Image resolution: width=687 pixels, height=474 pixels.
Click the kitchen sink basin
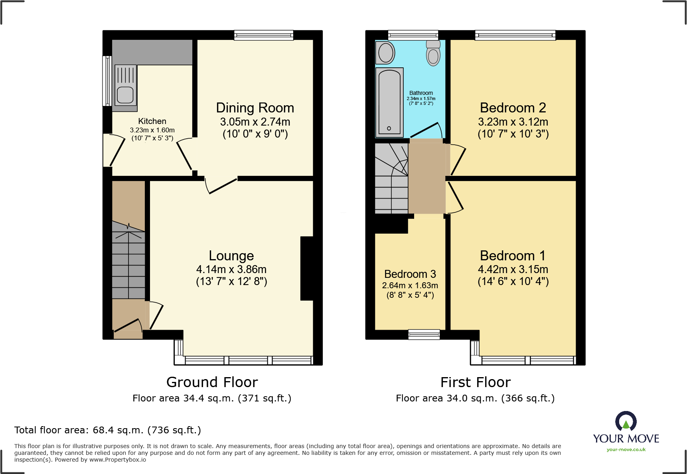(x=125, y=95)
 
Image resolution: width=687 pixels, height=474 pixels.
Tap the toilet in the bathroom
(x=433, y=53)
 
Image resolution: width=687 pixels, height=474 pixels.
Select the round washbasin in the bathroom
(x=386, y=53)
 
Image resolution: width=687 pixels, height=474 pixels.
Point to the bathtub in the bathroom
(x=389, y=103)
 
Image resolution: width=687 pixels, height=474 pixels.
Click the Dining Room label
(x=255, y=108)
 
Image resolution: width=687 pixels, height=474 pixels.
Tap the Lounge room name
(x=231, y=256)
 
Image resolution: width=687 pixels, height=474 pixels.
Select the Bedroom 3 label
(x=410, y=274)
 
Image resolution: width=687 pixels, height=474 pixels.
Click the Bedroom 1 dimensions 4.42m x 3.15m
(x=513, y=269)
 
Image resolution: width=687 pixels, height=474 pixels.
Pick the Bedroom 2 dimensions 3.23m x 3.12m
(x=513, y=122)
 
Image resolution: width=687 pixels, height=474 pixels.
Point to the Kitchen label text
(x=152, y=121)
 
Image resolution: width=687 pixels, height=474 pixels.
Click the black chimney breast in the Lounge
(x=307, y=268)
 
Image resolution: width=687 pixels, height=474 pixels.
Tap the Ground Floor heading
(x=212, y=382)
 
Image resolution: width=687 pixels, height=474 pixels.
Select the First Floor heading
(x=476, y=382)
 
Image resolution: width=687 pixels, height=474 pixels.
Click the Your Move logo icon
(x=626, y=421)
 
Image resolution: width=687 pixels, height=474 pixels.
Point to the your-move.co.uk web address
(x=626, y=450)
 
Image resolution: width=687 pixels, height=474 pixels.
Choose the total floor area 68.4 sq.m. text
(x=108, y=430)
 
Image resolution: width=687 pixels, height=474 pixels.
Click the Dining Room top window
(x=264, y=35)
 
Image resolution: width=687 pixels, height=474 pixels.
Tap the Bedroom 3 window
(x=424, y=334)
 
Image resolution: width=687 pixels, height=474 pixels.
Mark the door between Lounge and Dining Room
(x=221, y=185)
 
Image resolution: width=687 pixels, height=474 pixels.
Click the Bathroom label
(x=421, y=93)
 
